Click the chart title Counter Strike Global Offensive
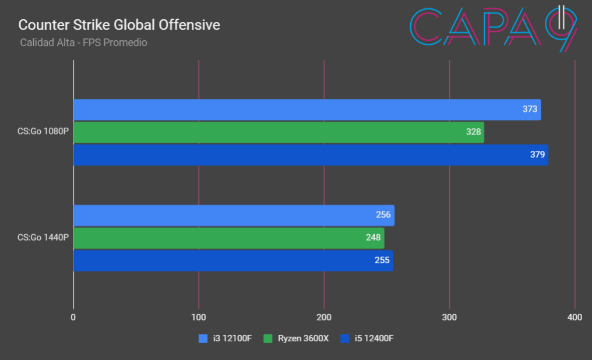[119, 25]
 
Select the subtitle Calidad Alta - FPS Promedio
[83, 43]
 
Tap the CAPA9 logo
[494, 29]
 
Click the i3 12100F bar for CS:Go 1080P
[291, 110]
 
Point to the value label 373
[530, 110]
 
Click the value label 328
[473, 132]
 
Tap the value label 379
[537, 155]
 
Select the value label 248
[373, 238]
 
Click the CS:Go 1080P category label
[43, 132]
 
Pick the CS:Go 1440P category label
[43, 238]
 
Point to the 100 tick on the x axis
[199, 317]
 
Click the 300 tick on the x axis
[449, 317]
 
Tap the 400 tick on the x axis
[575, 317]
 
